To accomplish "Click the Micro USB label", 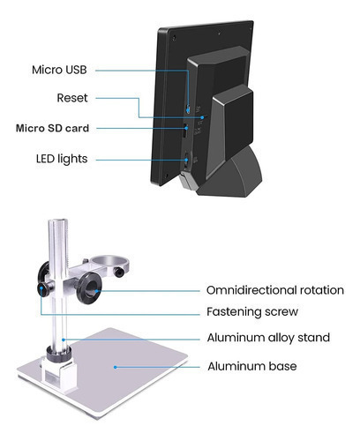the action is coord(59,70).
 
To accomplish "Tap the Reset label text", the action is coord(72,98).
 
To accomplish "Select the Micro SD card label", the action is coord(52,128).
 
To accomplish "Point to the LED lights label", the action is coord(62,159).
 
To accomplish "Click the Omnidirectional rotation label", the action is coord(275,290).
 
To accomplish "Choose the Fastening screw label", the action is coord(252,311).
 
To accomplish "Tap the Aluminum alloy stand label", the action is coord(268,338).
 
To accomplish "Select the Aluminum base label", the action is coord(252,366).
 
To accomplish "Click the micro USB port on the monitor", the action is coord(188,109).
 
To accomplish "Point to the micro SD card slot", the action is coord(185,131).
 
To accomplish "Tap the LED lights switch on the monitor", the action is coord(186,161).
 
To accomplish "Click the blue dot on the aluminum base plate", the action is coord(116,367).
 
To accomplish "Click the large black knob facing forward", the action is coord(90,289).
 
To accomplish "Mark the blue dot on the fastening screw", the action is coord(41,288).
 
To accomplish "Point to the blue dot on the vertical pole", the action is coord(63,340).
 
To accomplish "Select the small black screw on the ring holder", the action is coord(119,273).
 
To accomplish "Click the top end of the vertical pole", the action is coord(58,220).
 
